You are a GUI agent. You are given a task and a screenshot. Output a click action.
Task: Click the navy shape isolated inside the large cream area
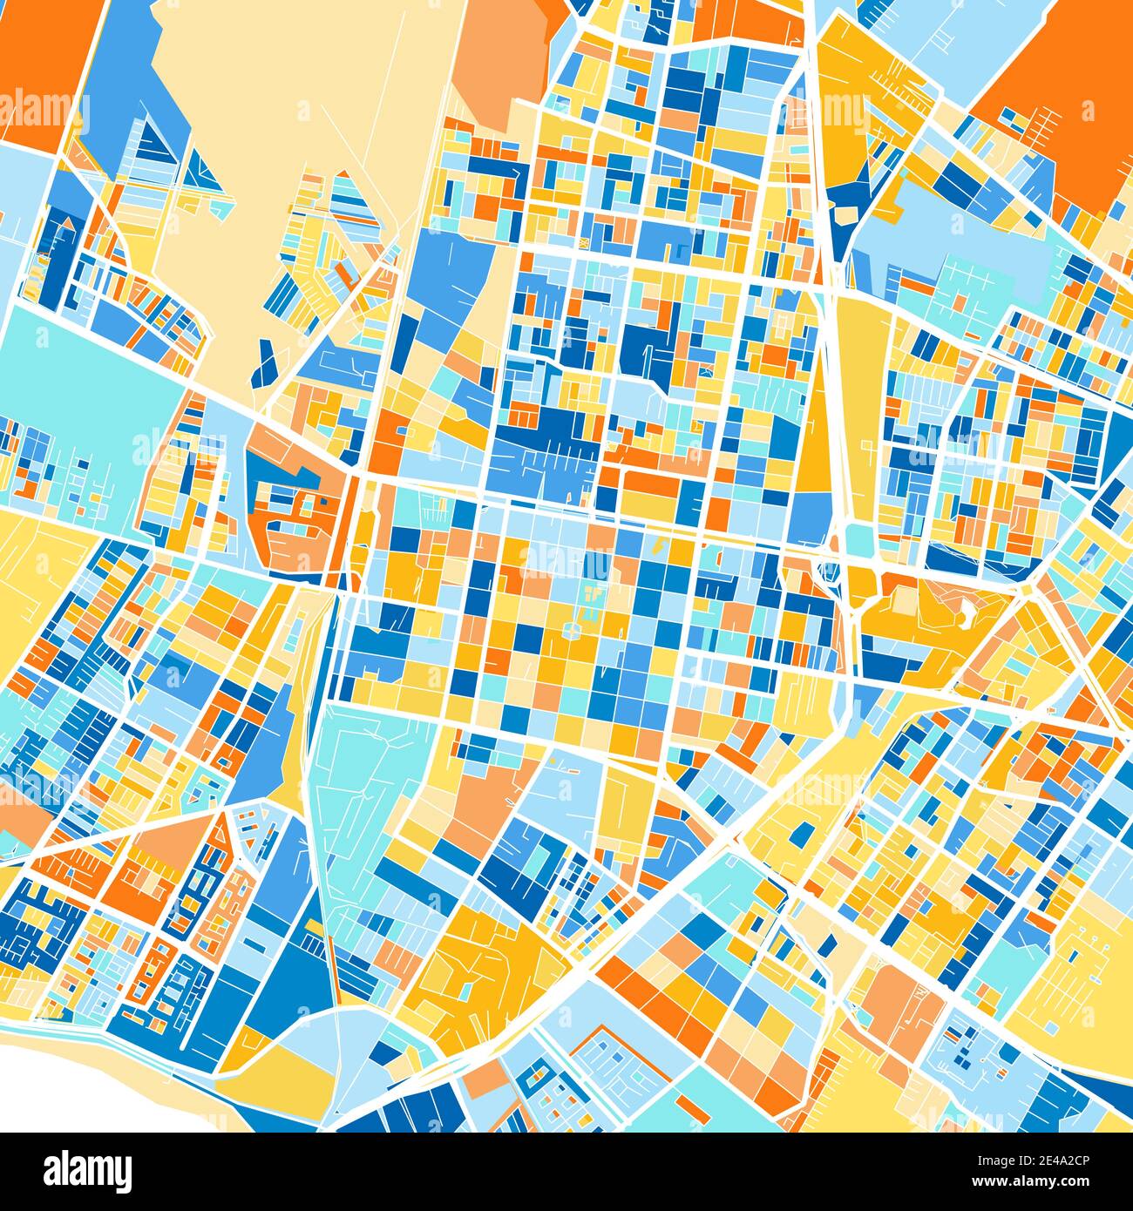coord(264,364)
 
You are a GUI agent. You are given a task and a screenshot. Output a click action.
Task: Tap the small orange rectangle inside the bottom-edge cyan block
coord(693,1108)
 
